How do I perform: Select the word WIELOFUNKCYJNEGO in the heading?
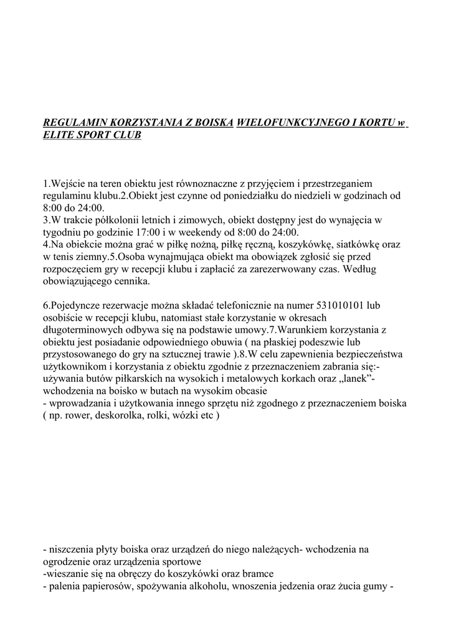291,122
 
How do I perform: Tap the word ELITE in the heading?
57,135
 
